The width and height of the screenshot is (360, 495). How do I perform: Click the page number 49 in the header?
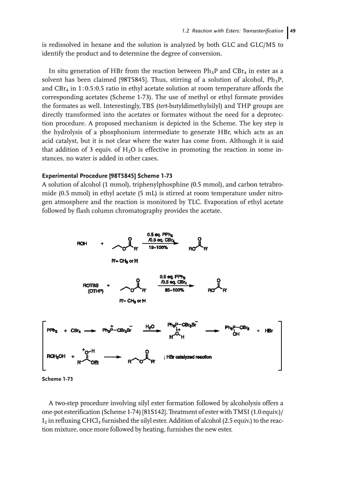pyautogui.click(x=293, y=30)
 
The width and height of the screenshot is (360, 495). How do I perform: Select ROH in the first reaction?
pyautogui.click(x=82, y=243)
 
